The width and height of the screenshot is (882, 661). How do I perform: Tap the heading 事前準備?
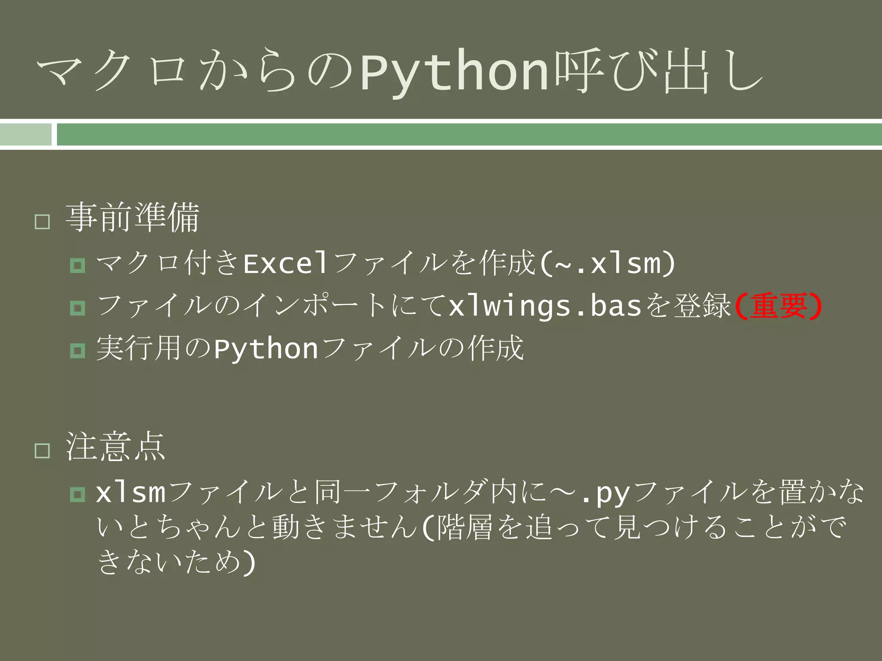(x=133, y=218)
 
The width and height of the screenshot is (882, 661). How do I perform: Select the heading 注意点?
(x=115, y=447)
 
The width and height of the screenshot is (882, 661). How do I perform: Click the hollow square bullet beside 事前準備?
(x=42, y=222)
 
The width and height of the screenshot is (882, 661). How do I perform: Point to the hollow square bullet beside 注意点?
(x=42, y=451)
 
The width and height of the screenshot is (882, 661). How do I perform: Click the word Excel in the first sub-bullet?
(x=285, y=263)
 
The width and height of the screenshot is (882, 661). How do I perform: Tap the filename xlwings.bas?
(x=545, y=306)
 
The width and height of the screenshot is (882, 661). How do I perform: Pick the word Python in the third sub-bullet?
(x=266, y=349)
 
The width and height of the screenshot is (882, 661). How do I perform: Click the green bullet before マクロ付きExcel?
(x=78, y=265)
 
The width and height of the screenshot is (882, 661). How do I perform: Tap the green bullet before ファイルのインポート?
(x=78, y=308)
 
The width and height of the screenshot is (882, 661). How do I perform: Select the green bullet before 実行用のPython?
(x=78, y=350)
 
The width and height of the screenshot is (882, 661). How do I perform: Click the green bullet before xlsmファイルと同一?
(x=78, y=494)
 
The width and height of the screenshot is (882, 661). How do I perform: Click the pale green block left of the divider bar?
(x=25, y=134)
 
